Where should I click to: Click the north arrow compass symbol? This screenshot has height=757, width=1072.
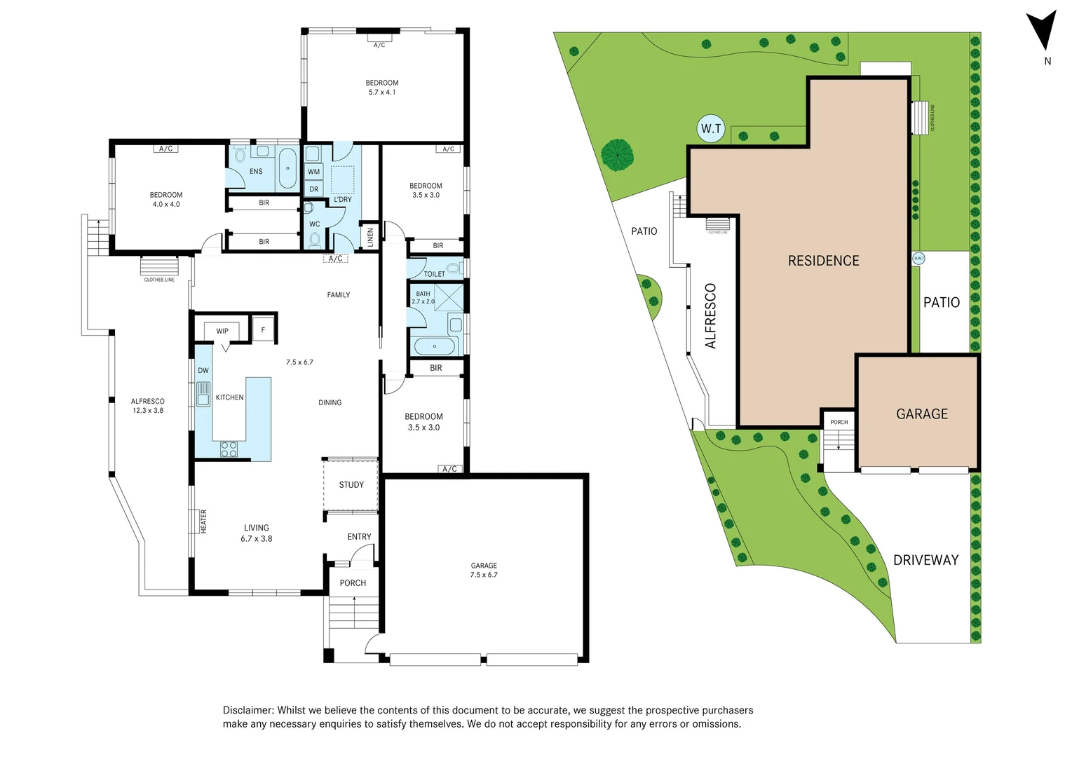[1041, 31]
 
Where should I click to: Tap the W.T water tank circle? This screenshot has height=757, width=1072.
[711, 128]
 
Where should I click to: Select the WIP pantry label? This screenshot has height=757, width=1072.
[222, 331]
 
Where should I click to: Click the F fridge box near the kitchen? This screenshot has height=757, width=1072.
[264, 329]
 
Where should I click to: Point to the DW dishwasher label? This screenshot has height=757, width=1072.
[203, 370]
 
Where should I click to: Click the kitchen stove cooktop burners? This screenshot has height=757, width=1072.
[229, 449]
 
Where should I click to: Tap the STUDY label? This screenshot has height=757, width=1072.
[351, 484]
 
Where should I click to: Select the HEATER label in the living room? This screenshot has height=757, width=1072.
[203, 521]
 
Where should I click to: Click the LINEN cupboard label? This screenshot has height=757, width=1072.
[370, 238]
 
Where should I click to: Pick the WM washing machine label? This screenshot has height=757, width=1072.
[313, 172]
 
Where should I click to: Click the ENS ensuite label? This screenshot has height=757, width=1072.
[256, 171]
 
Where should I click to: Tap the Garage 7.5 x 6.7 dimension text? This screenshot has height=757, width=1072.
[484, 575]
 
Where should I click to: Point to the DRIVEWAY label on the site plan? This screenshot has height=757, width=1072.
[925, 560]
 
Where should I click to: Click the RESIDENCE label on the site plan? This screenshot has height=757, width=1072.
[823, 261]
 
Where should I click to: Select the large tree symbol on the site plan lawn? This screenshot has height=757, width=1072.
[617, 154]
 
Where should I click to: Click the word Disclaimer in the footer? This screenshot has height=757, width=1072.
[248, 710]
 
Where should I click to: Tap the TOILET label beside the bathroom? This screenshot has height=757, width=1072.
[434, 274]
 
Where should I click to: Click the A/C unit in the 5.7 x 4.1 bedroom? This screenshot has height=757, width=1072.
[379, 45]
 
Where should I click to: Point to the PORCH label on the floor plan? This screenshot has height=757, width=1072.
[353, 582]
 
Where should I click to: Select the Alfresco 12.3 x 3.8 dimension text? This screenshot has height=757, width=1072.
[148, 411]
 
